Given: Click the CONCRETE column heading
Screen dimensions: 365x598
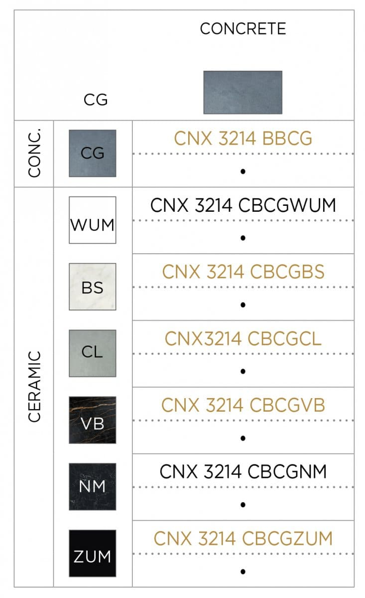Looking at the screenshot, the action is pos(243,28).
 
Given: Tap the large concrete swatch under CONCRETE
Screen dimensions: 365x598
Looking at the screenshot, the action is pos(243,92).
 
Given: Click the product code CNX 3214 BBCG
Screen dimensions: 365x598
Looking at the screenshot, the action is pos(243,139).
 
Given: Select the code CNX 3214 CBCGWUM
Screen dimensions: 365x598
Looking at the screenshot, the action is pos(243,205).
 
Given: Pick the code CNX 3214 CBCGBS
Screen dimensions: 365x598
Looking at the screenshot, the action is pos(243,272).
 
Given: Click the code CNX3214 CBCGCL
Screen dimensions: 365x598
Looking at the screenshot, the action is pos(243,338).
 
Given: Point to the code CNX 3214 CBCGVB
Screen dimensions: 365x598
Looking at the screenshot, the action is pos(243,405).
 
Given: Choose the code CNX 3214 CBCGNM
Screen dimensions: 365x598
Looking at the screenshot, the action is pos(243,472).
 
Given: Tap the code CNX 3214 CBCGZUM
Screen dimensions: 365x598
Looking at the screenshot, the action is pos(243,539).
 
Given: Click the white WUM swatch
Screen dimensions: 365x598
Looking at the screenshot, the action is pos(93,220).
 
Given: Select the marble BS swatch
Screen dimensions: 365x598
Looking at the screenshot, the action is pos(93,287).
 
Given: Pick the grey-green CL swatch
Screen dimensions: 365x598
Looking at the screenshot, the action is pos(93,353).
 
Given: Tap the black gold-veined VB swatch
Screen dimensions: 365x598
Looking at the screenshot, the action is pos(93,420).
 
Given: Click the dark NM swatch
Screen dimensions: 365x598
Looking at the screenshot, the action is pos(93,487).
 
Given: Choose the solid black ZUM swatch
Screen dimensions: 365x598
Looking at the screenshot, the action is pos(93,553).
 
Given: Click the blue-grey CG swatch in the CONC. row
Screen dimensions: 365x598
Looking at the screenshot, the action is pos(93,153).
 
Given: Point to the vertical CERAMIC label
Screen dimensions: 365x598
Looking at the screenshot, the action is pos(34,387).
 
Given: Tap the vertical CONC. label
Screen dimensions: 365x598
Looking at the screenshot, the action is pos(34,153).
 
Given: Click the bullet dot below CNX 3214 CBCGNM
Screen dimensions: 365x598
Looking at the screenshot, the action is pos(243,505).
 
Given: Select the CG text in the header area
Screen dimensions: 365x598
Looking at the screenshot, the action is pos(96,100).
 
